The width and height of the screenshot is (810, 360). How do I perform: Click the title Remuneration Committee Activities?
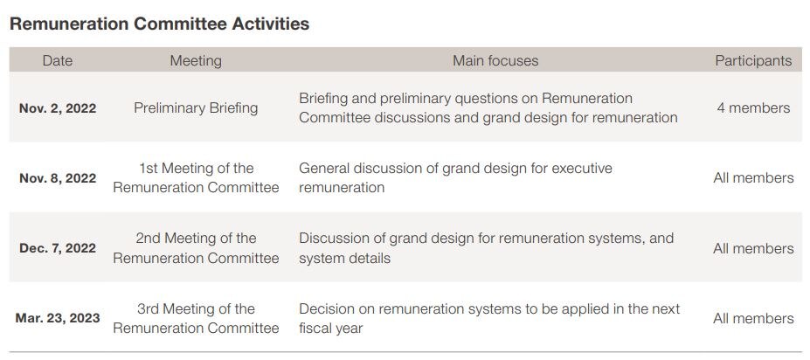[x=159, y=24]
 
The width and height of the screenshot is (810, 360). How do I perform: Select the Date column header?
[x=58, y=60]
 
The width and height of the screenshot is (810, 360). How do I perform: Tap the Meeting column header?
[x=196, y=61]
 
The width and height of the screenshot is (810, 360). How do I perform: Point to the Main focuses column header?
[x=495, y=60]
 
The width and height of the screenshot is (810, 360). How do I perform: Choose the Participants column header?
[x=753, y=61]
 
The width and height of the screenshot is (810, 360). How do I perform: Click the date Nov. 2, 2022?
[x=58, y=108]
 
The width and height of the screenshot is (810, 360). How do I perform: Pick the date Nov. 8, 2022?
[x=58, y=178]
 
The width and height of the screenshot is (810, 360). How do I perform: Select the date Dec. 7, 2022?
[x=58, y=248]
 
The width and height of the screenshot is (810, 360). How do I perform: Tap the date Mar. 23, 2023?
[x=58, y=318]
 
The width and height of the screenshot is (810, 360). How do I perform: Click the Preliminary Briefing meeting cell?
[x=196, y=108]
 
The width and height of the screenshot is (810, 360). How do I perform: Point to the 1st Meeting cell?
[x=196, y=177]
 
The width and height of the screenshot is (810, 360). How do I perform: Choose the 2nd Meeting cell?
[x=196, y=248]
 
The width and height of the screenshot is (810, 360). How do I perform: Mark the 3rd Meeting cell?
[x=196, y=318]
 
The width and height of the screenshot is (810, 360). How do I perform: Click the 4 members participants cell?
[x=753, y=108]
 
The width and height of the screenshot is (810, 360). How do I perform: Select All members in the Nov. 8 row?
[x=753, y=178]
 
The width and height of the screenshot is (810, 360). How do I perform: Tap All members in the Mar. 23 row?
[x=753, y=319]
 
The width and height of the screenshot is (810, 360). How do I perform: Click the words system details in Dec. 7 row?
[x=344, y=258]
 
